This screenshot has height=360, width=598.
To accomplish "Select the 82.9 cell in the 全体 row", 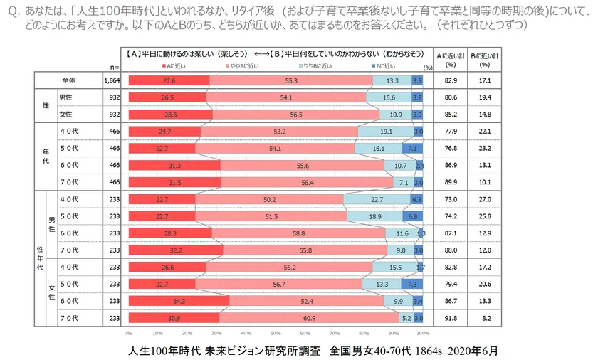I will [450, 80].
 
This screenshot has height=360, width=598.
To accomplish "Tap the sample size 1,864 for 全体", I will [112, 80].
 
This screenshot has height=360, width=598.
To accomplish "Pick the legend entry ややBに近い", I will [315, 65].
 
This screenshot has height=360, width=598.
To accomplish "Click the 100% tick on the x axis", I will [424, 332].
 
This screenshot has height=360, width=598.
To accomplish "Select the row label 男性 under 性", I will [65, 97].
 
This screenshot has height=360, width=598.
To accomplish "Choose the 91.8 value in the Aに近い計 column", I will [450, 317].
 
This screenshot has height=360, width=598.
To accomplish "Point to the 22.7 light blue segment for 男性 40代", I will [377, 199].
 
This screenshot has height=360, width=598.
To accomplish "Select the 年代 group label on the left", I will [43, 157].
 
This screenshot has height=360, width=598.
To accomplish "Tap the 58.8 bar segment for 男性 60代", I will [298, 233].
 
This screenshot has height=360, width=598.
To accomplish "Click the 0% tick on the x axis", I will [128, 332].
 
